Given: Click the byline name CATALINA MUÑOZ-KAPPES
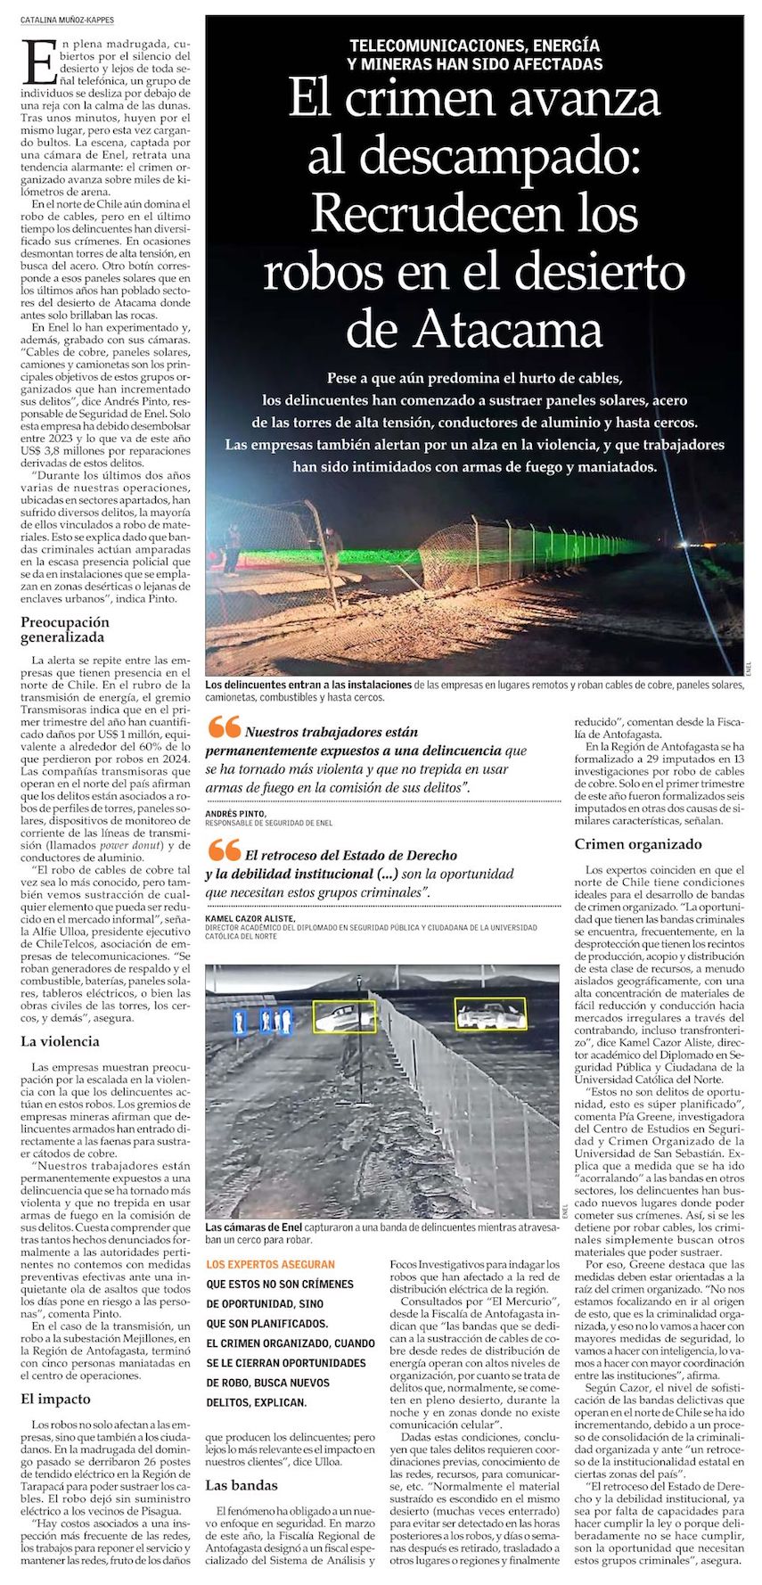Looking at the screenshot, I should click(67, 20).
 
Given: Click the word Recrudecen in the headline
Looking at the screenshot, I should click(423, 214).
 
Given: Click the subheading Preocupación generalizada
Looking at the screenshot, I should click(65, 629).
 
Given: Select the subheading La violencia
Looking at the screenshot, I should click(60, 1041).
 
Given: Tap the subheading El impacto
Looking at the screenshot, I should click(57, 1399).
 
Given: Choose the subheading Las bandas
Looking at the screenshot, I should click(242, 1484).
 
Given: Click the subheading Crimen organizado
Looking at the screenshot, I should click(637, 843).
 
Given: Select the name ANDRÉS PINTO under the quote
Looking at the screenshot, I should click(235, 814).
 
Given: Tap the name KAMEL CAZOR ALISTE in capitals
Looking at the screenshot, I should click(250, 917).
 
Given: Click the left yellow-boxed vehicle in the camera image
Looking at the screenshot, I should click(343, 1016).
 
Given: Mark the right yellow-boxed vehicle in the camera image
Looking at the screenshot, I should click(490, 1014).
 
